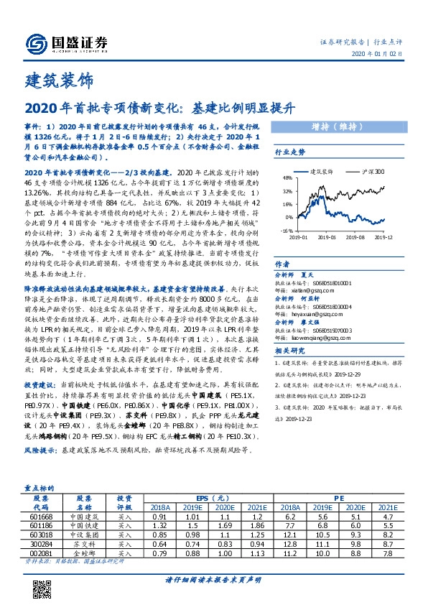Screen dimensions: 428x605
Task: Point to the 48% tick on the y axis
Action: point(288,178)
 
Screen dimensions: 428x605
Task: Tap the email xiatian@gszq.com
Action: point(318,290)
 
